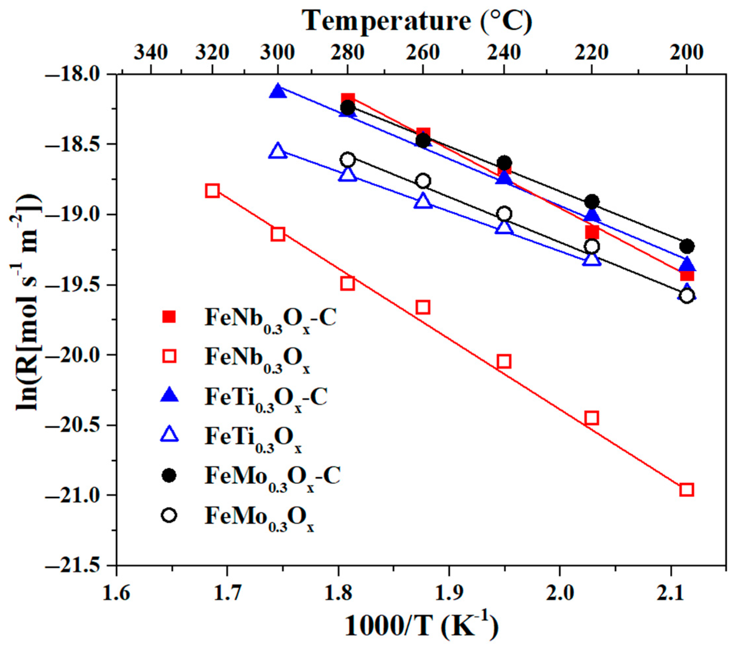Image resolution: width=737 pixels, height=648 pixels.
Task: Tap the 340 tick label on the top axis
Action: pyautogui.click(x=151, y=53)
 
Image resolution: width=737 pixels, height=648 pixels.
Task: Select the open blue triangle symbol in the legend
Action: pyautogui.click(x=169, y=435)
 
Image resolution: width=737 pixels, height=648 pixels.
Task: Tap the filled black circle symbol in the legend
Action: pyautogui.click(x=169, y=476)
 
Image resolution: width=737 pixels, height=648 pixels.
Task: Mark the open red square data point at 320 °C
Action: pyautogui.click(x=212, y=190)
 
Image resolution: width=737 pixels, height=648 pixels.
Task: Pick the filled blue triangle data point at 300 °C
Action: pyautogui.click(x=278, y=91)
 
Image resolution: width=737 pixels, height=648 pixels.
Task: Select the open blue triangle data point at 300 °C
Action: pyautogui.click(x=278, y=151)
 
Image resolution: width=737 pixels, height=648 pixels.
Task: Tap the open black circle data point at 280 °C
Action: pyautogui.click(x=347, y=159)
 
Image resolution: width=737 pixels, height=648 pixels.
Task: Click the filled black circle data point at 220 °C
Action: pyautogui.click(x=591, y=202)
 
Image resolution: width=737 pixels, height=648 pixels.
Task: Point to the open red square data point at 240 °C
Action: pyautogui.click(x=504, y=361)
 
